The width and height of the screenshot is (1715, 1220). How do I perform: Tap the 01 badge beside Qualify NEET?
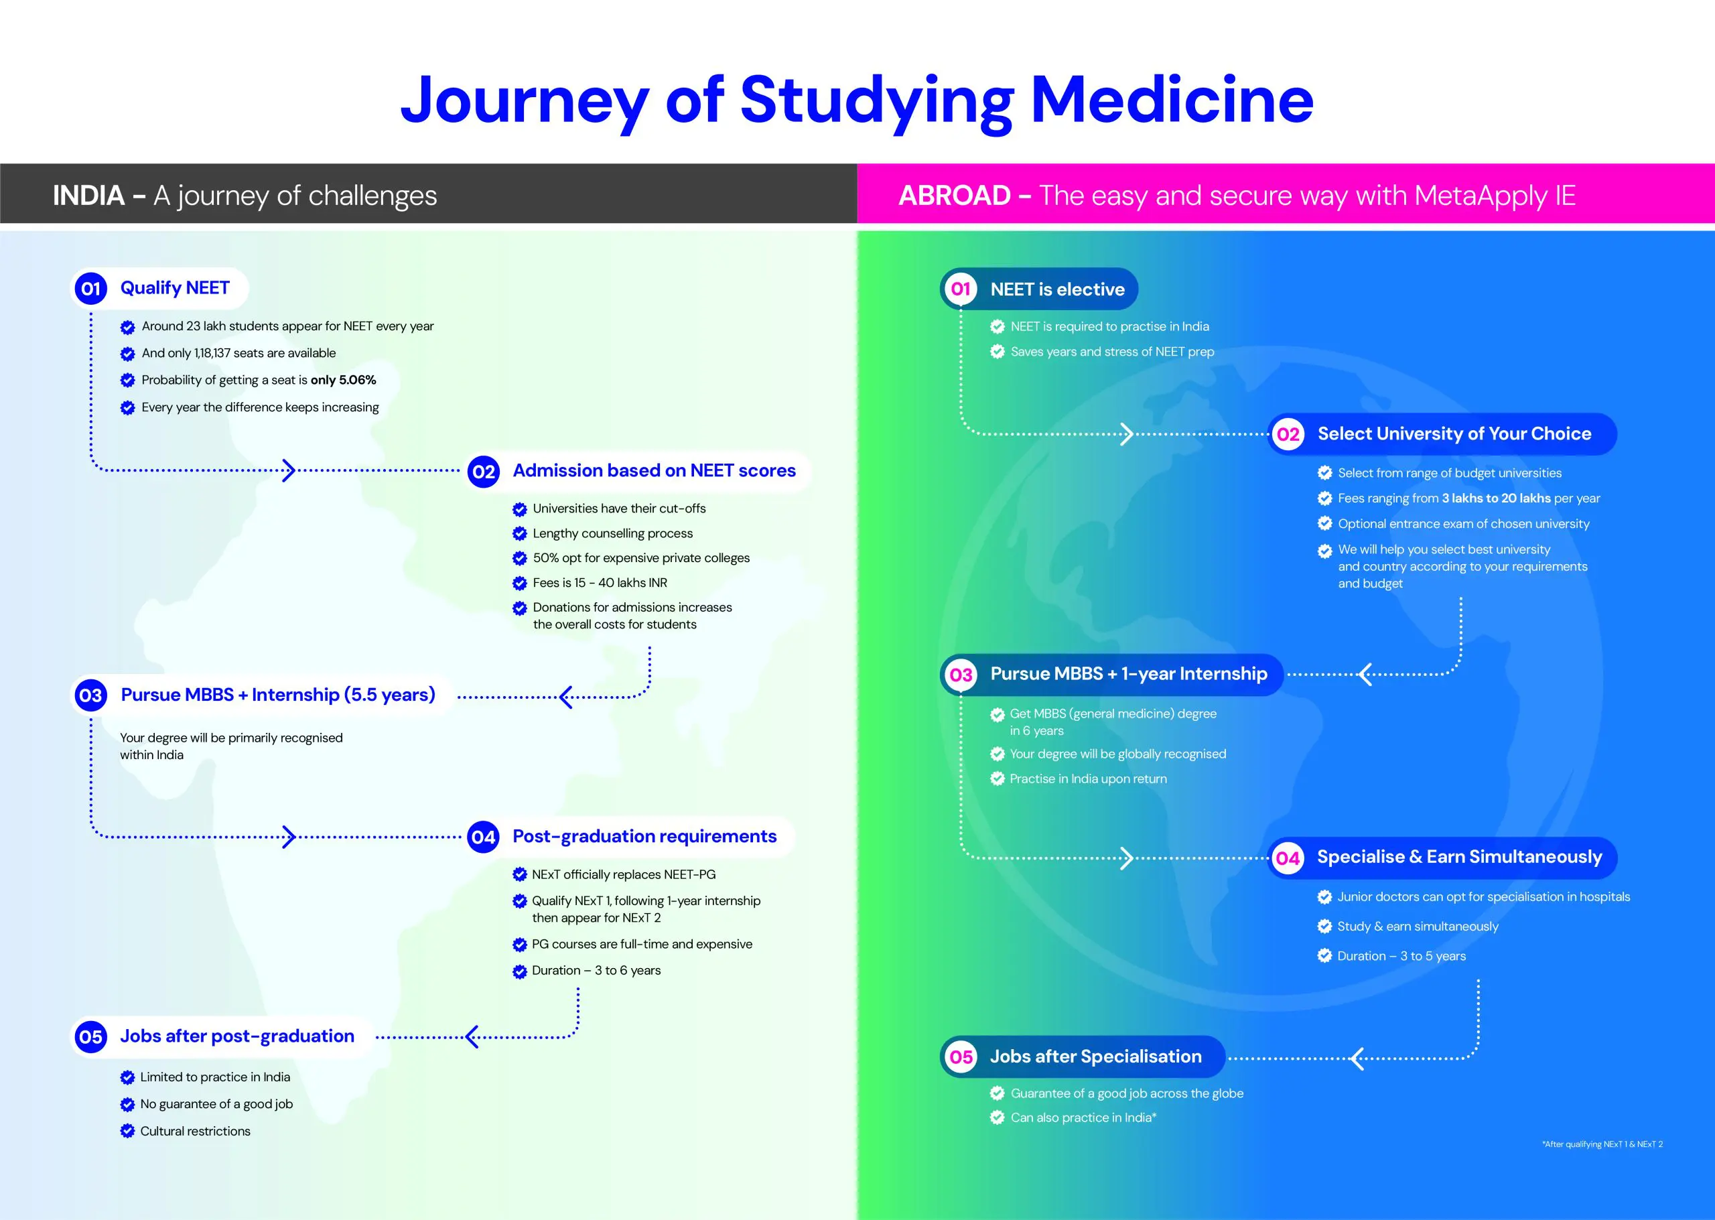[91, 289]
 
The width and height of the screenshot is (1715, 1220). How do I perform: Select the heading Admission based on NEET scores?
[654, 470]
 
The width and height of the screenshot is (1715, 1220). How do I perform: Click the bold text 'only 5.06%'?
[343, 380]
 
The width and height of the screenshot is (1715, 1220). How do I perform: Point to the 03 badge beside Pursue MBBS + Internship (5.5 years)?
[91, 695]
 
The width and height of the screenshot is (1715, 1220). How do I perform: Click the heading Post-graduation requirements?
[644, 836]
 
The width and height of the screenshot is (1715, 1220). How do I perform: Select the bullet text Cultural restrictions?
[196, 1132]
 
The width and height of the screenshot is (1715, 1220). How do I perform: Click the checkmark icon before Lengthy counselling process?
[519, 534]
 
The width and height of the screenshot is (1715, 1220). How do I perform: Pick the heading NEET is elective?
[1057, 289]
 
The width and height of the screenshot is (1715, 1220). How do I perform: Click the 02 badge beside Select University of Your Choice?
[1288, 434]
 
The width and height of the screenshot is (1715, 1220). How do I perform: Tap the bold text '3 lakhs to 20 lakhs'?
[1496, 498]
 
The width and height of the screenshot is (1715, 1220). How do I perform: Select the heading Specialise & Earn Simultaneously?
[1459, 857]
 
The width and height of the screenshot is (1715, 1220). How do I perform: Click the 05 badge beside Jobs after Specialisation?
[961, 1057]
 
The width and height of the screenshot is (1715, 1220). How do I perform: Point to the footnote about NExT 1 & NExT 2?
[1602, 1144]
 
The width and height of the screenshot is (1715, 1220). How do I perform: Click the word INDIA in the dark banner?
[88, 196]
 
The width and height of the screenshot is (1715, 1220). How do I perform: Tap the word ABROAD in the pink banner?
[954, 196]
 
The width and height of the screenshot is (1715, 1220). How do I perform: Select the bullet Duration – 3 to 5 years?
[1401, 956]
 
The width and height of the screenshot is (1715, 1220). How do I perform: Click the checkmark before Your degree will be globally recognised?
[998, 754]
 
